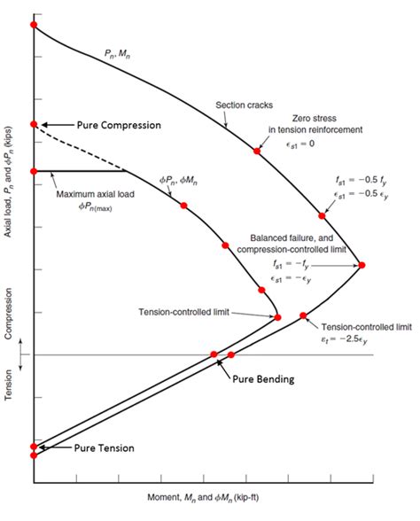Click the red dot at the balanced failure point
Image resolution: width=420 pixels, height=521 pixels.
point(361,264)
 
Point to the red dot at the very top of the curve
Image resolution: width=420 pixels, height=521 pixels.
point(33,24)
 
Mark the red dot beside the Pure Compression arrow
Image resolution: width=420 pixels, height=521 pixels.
point(34,124)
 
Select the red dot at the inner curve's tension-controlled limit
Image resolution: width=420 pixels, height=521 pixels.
point(277,316)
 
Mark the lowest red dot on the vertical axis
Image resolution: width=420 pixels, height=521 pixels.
point(34,455)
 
